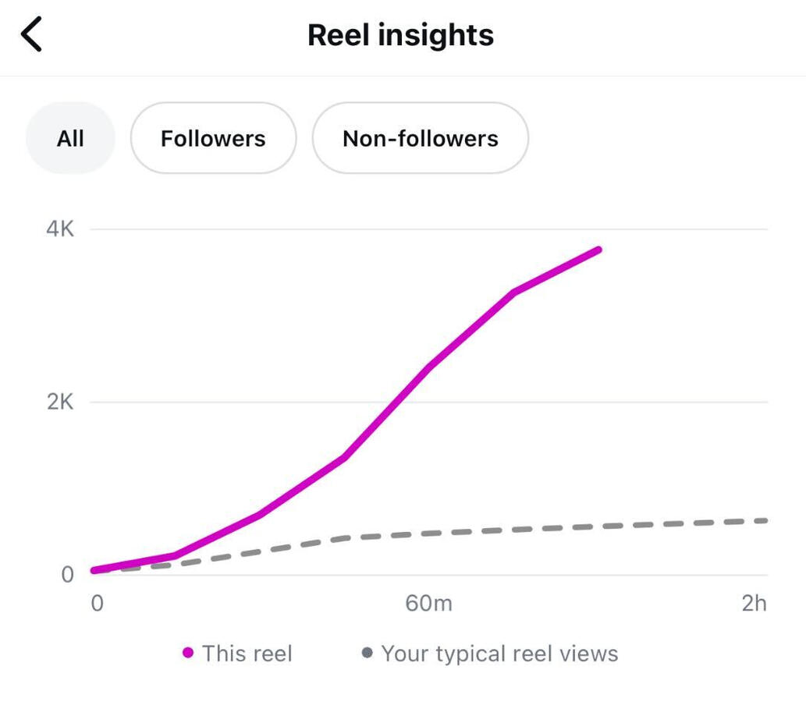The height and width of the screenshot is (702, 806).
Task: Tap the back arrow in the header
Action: (x=32, y=35)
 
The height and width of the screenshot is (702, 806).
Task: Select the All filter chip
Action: (x=70, y=138)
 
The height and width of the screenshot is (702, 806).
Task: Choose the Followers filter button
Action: (x=213, y=138)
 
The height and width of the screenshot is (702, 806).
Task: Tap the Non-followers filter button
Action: (x=420, y=138)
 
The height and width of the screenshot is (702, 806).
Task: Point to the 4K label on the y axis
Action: (x=59, y=229)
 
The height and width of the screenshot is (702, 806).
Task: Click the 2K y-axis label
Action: (x=59, y=402)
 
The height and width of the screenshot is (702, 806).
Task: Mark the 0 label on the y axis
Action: (x=67, y=575)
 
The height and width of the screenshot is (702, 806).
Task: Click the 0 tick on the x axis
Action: (x=97, y=603)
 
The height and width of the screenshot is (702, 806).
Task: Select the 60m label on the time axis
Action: (x=428, y=603)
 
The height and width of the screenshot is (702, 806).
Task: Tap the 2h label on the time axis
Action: (x=754, y=603)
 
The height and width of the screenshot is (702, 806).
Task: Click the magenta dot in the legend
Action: (x=187, y=653)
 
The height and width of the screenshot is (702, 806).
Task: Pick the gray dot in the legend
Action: (x=367, y=653)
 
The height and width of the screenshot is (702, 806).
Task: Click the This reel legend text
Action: (x=247, y=654)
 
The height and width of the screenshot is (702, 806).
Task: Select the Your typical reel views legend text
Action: (x=499, y=654)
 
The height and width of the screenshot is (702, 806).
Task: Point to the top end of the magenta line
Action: (x=598, y=250)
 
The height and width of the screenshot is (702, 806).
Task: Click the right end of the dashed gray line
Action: (x=765, y=520)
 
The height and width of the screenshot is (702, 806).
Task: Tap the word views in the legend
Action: (x=588, y=654)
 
